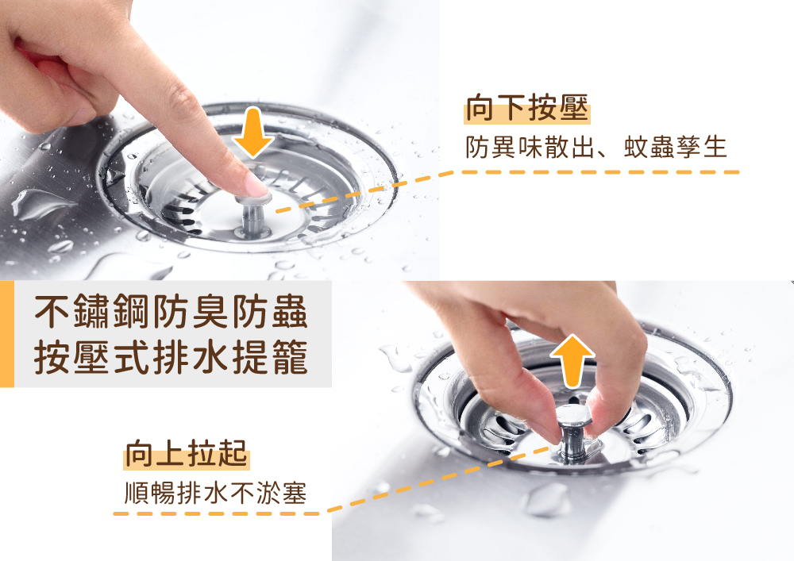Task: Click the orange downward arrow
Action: point(253,132)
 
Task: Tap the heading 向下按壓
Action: point(526,110)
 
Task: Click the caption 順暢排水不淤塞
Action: point(216,493)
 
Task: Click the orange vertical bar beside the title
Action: point(6,333)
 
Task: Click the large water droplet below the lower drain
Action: point(548,499)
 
